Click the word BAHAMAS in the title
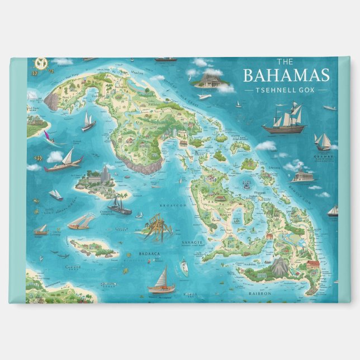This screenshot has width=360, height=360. click(286, 75)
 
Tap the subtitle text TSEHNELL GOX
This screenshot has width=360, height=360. click(286, 89)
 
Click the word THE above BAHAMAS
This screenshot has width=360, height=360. click(285, 62)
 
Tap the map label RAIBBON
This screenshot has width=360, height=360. click(259, 292)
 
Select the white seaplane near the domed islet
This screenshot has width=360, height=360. click(204, 97)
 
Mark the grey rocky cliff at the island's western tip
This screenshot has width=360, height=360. click(53, 101)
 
